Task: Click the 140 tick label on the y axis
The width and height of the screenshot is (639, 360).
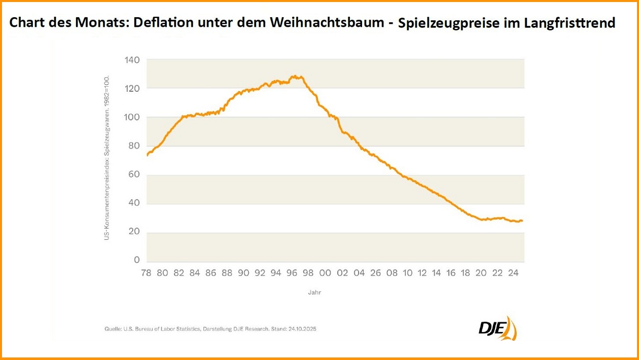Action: coord(132,60)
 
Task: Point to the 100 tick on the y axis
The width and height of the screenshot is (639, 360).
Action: coord(132,118)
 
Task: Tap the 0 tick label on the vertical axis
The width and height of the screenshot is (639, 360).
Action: coord(136,260)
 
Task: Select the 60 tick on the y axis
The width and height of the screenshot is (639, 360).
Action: coord(133,175)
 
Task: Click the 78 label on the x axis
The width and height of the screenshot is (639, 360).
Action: coord(146,273)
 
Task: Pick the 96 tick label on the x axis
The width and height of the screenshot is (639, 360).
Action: coord(292,273)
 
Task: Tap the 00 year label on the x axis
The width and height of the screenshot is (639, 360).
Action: coord(326,273)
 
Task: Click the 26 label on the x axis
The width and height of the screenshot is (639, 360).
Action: coord(375,273)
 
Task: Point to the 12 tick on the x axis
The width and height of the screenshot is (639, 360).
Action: coord(424,273)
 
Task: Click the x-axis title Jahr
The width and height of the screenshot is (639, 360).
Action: coord(314,293)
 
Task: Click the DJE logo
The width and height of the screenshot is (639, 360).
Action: coord(497,329)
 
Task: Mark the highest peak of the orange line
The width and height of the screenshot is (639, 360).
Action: coord(294,76)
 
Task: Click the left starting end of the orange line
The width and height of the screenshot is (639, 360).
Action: coord(147,155)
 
